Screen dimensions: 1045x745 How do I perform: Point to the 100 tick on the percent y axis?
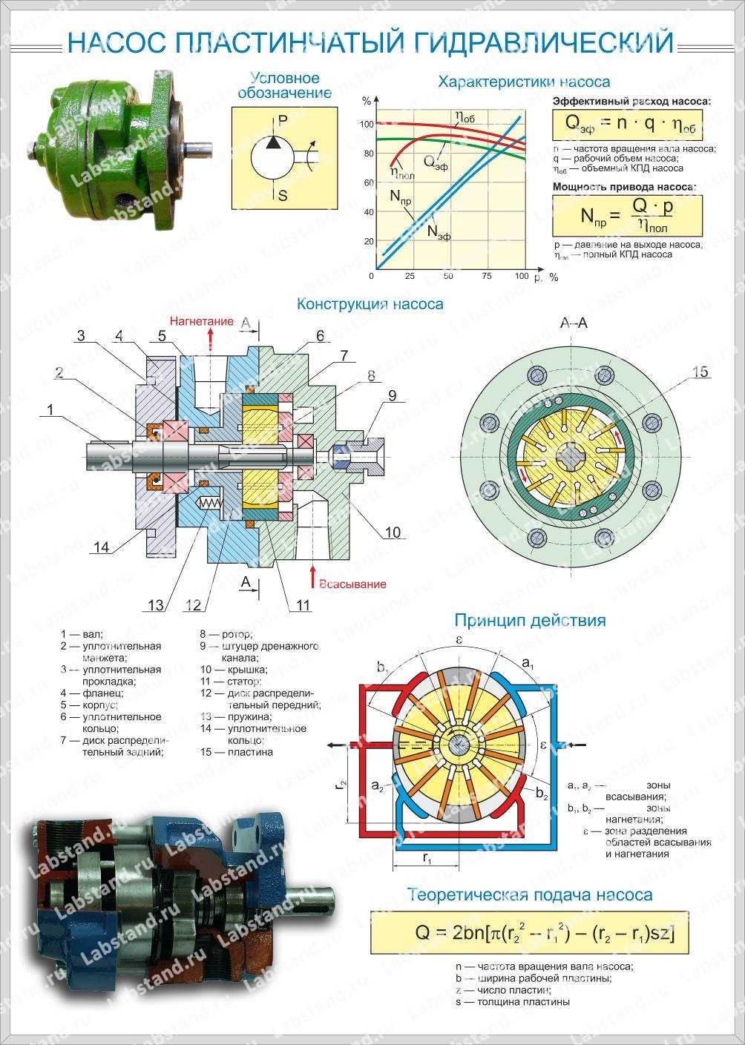coord(366,124)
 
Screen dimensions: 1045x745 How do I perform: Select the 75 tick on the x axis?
coord(486,276)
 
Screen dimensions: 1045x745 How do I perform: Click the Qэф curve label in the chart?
coord(436,162)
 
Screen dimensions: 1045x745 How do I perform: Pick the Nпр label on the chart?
coord(401,198)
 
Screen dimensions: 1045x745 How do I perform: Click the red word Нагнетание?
coord(201,322)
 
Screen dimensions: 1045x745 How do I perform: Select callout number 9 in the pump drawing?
coord(393,396)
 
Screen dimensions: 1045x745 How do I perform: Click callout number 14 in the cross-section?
coord(101,547)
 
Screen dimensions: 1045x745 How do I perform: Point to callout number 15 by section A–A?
coord(700,373)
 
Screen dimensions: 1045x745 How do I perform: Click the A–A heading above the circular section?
coord(573,323)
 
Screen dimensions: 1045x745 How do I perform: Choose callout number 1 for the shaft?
coord(50,409)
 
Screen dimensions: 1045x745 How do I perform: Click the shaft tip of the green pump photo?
coord(203,148)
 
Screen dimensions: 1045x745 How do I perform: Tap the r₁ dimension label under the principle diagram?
coord(427,857)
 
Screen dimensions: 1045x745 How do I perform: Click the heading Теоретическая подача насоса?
coord(530,894)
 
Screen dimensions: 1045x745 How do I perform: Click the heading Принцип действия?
coord(530,620)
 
